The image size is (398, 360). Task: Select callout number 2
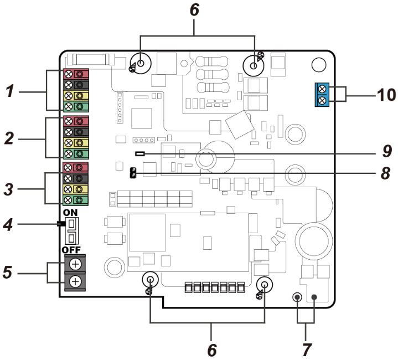coord(10,138)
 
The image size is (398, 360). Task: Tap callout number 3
coord(10,188)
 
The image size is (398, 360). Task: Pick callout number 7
coord(306,349)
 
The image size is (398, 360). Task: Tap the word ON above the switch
coord(70,213)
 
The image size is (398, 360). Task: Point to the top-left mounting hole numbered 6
coord(141,64)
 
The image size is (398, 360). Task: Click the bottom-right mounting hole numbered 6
coord(265,285)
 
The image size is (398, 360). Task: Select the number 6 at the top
coord(195,10)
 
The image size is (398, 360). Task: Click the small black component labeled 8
coord(133,173)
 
